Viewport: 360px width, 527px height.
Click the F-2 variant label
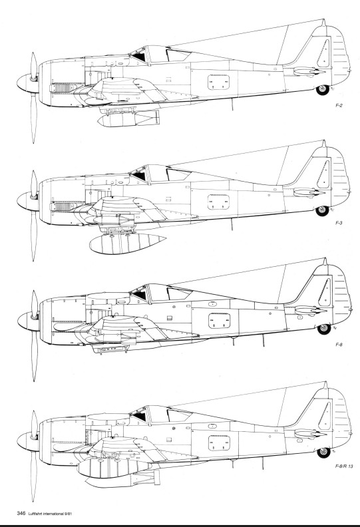click(x=339, y=106)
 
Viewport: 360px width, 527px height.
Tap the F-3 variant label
click(x=339, y=223)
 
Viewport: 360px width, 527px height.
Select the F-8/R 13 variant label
click(x=344, y=466)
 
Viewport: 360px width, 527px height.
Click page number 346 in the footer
click(x=21, y=513)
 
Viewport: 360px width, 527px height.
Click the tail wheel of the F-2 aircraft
click(x=323, y=90)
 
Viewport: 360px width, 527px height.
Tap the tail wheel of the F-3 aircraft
click(x=322, y=211)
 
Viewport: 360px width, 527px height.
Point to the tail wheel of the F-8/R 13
click(x=323, y=452)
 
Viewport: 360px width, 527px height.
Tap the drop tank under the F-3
click(x=127, y=243)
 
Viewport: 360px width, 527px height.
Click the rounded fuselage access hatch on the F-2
click(x=218, y=83)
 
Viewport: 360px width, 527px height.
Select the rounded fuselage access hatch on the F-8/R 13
click(x=219, y=443)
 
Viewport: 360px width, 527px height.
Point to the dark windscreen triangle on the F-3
click(x=140, y=176)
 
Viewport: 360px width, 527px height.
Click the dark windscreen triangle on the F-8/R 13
click(x=140, y=416)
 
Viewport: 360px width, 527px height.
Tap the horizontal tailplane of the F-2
click(x=309, y=71)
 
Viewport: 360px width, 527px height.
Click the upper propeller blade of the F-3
click(x=34, y=183)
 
